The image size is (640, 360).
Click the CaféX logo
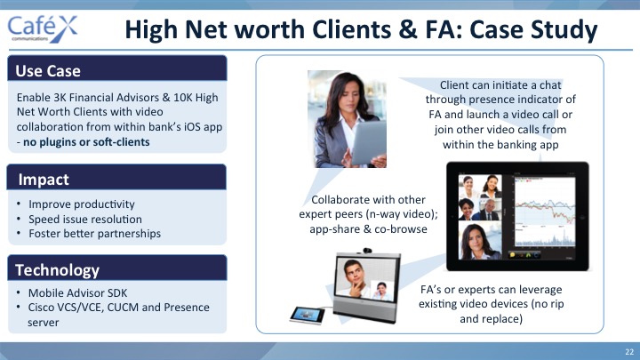point(43,28)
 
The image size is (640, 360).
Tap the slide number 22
point(629,351)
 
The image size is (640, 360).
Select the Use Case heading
point(48,71)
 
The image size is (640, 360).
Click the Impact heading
point(44,180)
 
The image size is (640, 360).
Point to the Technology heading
point(57,270)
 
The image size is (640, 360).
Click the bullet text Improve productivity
point(82,204)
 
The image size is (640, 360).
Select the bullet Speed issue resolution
point(85,220)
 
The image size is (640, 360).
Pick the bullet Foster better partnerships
point(95,234)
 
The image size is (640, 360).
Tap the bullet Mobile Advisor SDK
point(77,293)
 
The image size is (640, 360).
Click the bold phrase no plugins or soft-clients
point(86,142)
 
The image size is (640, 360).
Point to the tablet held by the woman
point(368,141)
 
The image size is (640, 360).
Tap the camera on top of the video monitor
point(367,250)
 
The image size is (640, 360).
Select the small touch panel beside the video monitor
point(308,315)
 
